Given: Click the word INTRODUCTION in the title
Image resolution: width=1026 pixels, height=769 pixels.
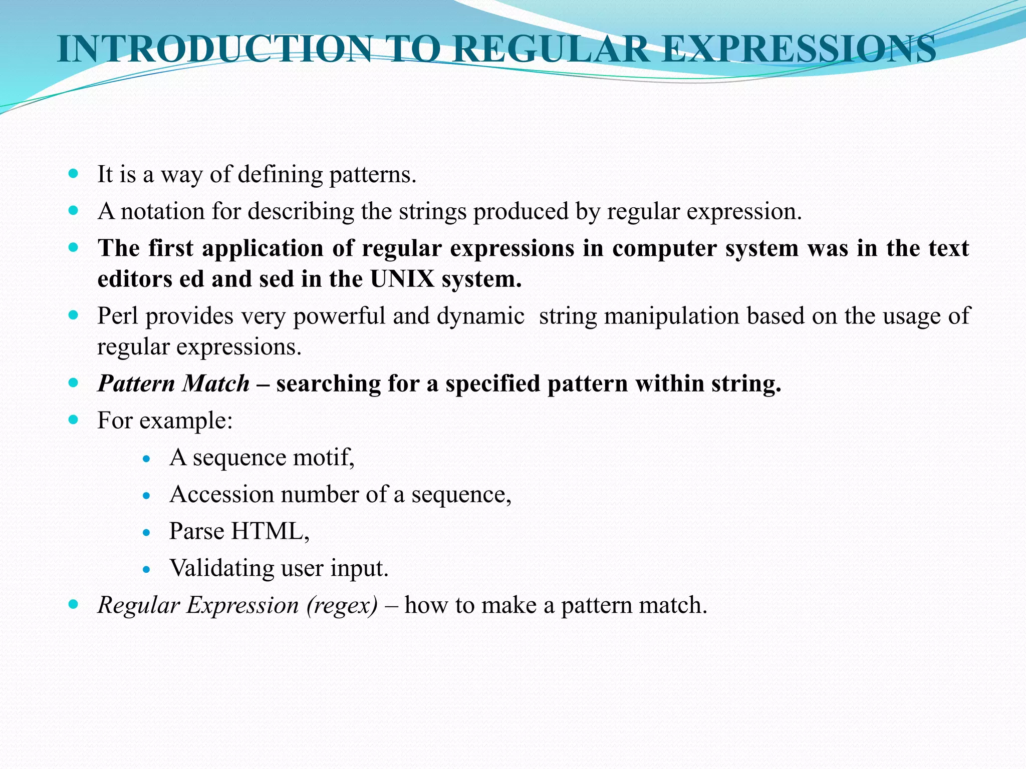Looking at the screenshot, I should [214, 49].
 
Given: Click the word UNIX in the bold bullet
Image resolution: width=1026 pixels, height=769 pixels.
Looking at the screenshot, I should [402, 279].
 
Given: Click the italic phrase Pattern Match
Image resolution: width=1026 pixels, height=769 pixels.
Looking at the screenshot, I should [173, 383].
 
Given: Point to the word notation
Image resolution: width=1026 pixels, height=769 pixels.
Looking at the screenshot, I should [162, 211].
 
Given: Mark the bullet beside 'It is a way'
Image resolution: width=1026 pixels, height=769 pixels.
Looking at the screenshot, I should [74, 174].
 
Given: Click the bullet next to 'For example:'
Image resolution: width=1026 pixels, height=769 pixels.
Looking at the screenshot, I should [74, 420].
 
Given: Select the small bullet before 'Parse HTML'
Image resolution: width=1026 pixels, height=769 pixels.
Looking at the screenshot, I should [146, 533].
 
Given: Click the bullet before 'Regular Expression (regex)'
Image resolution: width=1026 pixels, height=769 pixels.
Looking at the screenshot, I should [74, 604].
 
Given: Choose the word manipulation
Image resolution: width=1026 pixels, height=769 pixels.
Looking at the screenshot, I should [668, 316].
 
